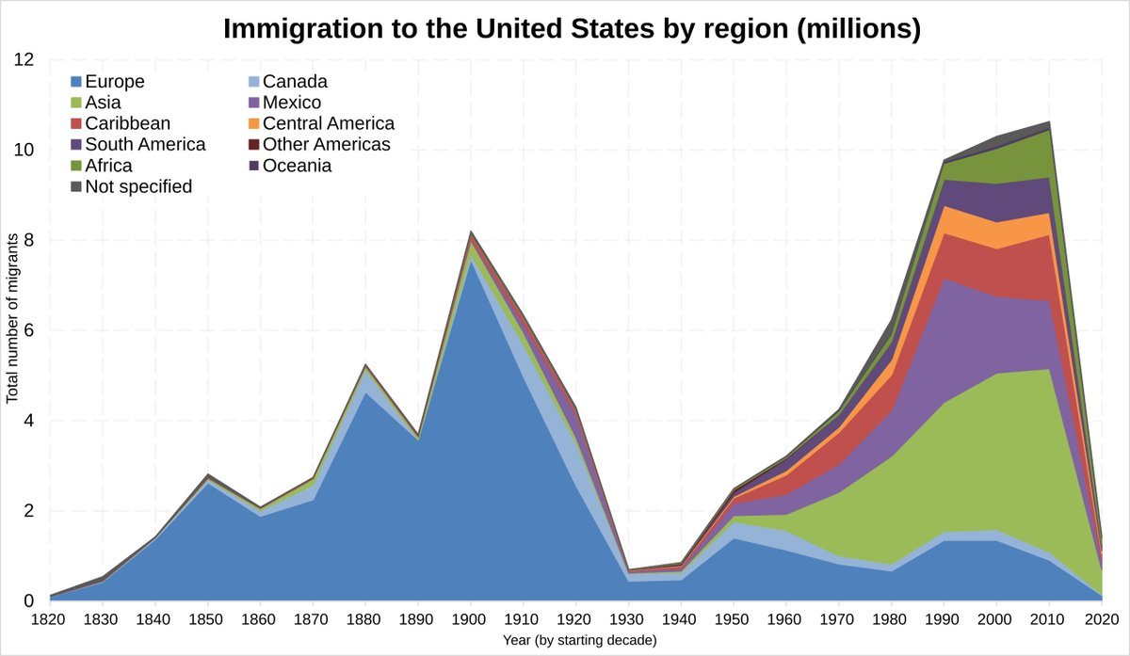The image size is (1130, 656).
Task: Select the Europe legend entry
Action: coord(114,82)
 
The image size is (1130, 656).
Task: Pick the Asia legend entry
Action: coord(103,103)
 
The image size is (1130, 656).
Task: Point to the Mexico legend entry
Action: coord(292,103)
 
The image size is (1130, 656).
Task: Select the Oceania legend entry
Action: coord(298,166)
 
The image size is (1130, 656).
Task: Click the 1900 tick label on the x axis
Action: coord(471,618)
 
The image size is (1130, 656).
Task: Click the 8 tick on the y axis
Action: coord(28,240)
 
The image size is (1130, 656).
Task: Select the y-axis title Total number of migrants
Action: coord(12,330)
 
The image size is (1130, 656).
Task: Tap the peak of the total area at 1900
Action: coord(471,232)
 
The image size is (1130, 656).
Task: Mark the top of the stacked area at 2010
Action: coord(1050,121)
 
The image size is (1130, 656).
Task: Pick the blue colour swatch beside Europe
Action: coord(76,82)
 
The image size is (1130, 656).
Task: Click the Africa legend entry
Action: coord(108,166)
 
